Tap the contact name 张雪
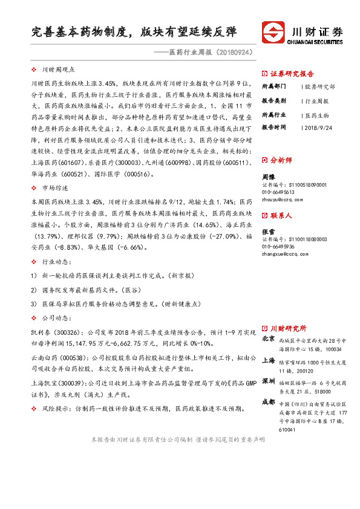click(268, 232)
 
